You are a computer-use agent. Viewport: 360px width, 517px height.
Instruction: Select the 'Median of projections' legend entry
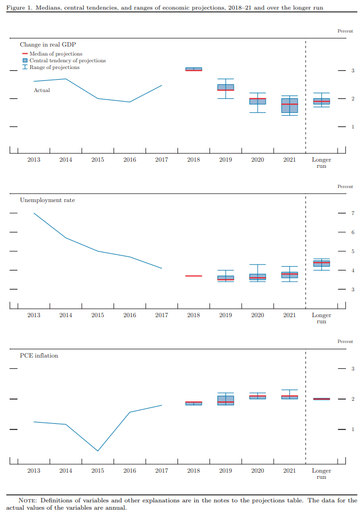pos(56,54)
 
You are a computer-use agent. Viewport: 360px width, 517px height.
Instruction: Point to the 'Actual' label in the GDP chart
pos(42,90)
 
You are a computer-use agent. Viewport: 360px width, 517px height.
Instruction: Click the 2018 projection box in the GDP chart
pos(194,69)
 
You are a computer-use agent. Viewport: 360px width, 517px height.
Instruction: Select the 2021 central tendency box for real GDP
pos(290,106)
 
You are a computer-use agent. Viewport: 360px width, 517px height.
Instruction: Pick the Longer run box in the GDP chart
pos(322,101)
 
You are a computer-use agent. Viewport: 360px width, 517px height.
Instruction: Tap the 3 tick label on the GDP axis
pos(353,71)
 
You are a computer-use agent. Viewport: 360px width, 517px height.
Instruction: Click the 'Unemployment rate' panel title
pos(47,200)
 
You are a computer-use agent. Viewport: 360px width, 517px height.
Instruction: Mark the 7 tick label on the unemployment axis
pos(353,213)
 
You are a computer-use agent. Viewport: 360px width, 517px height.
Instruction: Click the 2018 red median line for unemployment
pos(194,276)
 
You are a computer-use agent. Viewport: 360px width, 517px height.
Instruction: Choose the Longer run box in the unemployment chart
pos(322,263)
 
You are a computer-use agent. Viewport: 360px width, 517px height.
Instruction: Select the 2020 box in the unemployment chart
pos(258,277)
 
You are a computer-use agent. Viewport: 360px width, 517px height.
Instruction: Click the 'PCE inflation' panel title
pos(39,355)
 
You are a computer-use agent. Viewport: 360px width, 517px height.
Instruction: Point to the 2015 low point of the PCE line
pos(98,451)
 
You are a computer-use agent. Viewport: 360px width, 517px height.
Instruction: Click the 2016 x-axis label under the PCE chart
pos(130,470)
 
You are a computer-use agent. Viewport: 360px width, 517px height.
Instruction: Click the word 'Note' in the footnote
pos(28,500)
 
